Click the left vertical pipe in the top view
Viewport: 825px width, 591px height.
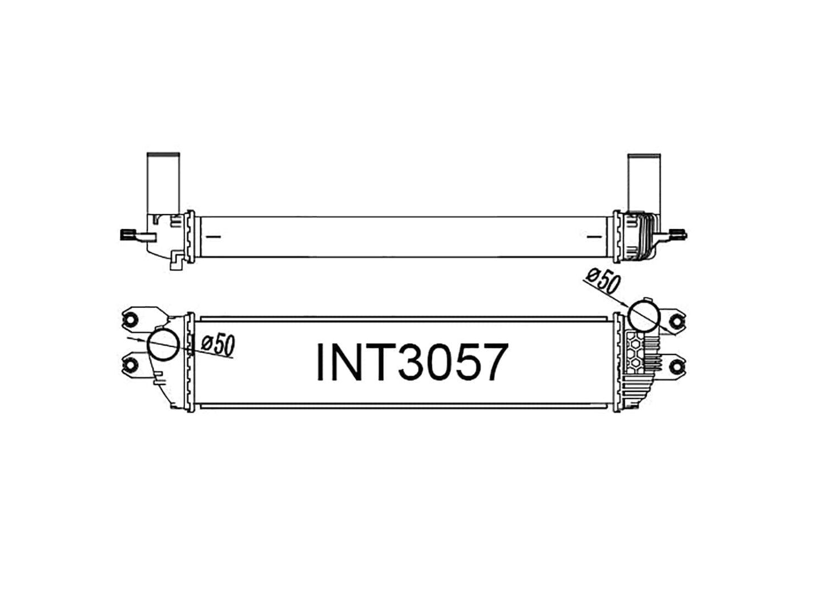163,183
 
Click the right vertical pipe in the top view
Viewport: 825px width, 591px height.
644,183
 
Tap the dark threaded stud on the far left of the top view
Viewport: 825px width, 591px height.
126,235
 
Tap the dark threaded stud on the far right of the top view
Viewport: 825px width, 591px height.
680,234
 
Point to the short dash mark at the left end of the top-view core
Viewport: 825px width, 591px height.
214,236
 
